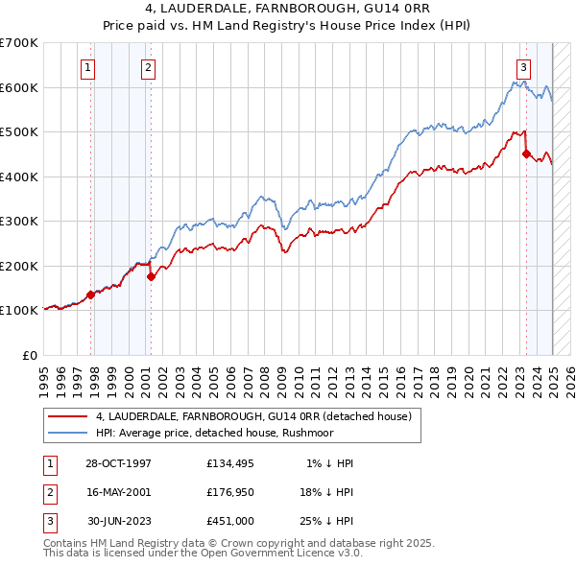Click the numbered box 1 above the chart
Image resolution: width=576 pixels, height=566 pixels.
click(87, 67)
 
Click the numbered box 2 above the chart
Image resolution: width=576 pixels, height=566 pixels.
click(149, 67)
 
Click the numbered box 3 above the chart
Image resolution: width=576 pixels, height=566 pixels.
click(523, 67)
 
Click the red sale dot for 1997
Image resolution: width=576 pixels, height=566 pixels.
click(90, 295)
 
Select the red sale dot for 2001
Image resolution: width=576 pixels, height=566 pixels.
click(151, 276)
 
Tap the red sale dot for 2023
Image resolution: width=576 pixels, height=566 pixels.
click(526, 153)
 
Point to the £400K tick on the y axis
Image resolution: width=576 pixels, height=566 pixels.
click(19, 177)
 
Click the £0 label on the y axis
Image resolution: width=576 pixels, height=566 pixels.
click(30, 355)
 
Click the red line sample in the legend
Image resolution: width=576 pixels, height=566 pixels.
click(67, 415)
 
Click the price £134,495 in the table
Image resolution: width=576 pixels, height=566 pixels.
click(231, 462)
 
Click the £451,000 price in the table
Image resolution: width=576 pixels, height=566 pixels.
click(231, 522)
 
